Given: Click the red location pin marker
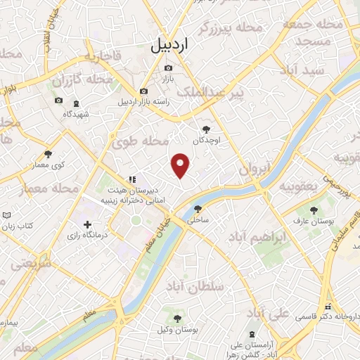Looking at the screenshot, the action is pos(181,165).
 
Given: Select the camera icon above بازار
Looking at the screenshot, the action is pos(168,68).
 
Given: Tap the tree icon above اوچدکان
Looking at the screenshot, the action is pos(206,129).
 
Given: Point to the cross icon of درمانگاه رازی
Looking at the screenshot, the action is pos(87,225).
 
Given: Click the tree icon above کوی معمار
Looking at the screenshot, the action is pos(49,154).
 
